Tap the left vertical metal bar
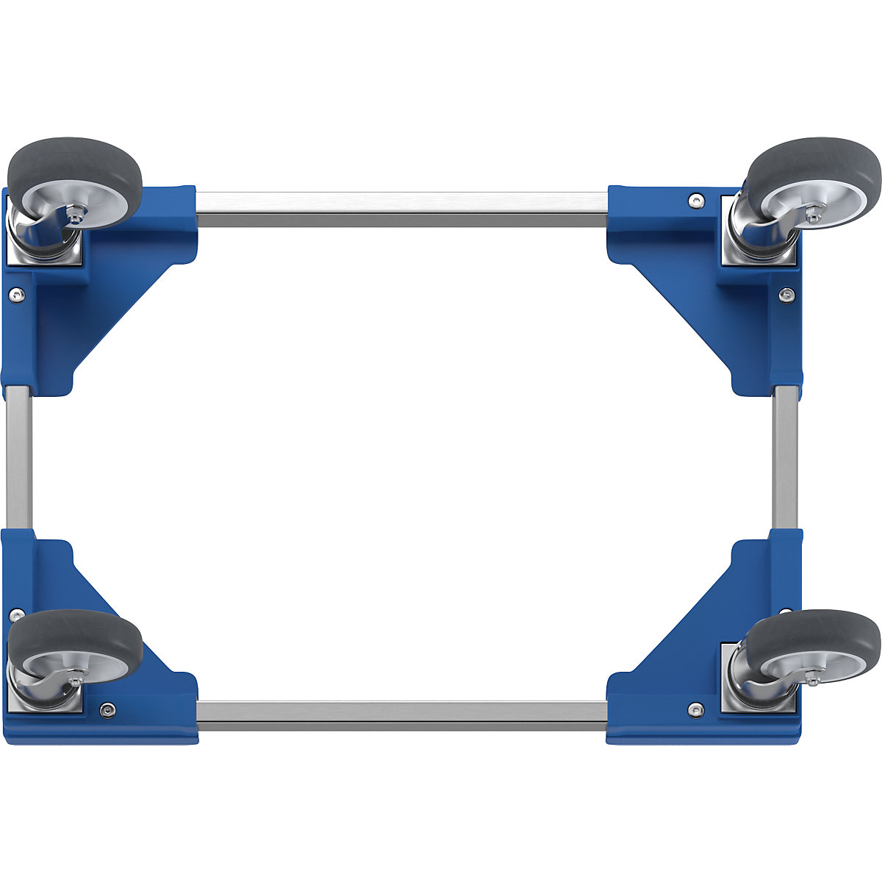(x=18, y=456)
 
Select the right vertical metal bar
(x=785, y=456)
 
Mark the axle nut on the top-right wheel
(x=814, y=214)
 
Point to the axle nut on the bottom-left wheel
(x=75, y=684)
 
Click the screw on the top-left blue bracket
(x=15, y=293)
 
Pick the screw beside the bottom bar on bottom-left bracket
(x=108, y=709)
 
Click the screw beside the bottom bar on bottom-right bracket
(x=695, y=709)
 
